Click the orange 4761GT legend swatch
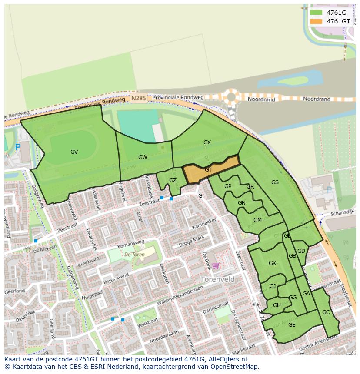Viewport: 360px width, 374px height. (316, 21)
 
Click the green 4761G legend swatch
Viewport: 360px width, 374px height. (316, 12)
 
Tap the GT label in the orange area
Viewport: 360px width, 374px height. (208, 170)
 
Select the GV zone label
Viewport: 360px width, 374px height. (74, 152)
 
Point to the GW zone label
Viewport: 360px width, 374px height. (143, 157)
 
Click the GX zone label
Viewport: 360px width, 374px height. (207, 142)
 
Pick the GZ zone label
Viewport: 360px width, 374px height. (173, 180)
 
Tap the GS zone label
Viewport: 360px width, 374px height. (275, 182)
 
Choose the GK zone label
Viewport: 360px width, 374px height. (272, 263)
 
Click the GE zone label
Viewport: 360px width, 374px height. (292, 325)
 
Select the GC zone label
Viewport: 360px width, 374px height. (326, 312)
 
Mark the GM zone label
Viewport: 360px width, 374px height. (257, 220)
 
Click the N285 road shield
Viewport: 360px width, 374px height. (138, 99)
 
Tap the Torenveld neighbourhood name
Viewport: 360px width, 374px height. (218, 279)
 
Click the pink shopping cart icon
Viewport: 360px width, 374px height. (216, 266)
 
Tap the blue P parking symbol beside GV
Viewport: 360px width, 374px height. (18, 147)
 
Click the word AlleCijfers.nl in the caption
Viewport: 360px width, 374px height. (227, 359)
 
